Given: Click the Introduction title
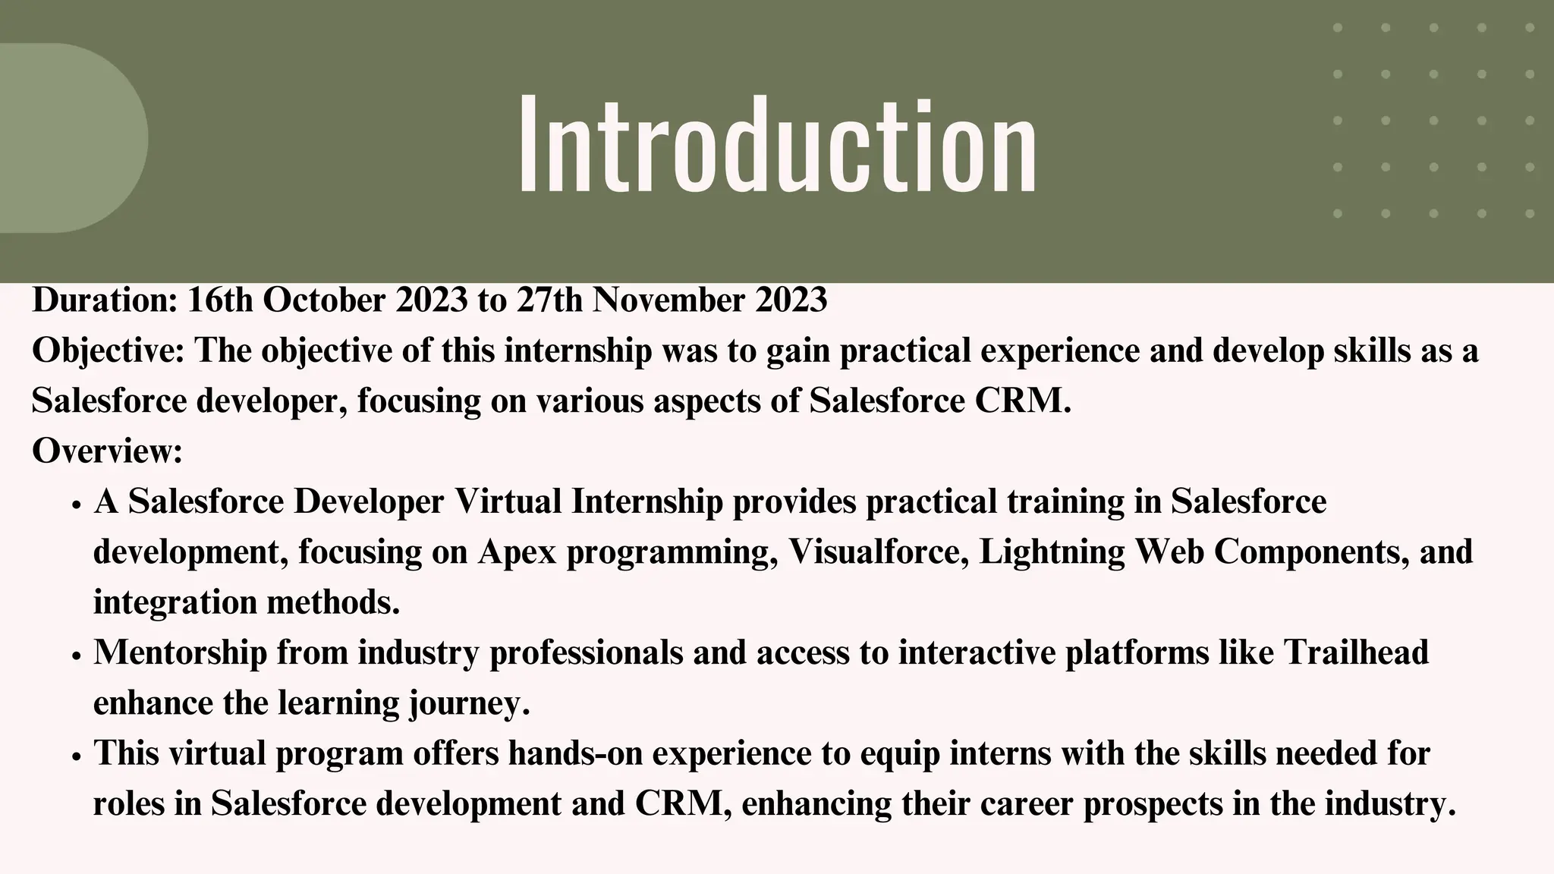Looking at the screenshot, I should tap(777, 144).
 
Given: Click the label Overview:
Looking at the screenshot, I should tap(107, 451).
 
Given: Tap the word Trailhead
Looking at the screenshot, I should tap(1356, 653).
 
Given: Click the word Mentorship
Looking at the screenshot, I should tap(180, 653).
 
